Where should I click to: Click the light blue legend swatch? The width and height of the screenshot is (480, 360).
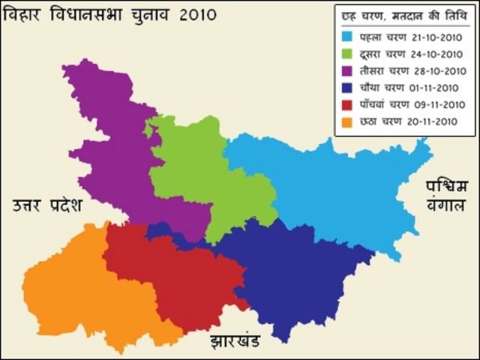347,35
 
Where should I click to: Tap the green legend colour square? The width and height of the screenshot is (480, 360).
347,52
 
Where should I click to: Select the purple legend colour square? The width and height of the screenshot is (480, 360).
347,70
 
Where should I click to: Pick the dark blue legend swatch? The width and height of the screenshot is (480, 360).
347,87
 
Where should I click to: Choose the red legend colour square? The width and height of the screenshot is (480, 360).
347,104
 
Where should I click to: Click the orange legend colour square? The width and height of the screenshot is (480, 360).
347,121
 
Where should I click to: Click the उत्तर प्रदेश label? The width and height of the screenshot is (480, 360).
46,205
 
